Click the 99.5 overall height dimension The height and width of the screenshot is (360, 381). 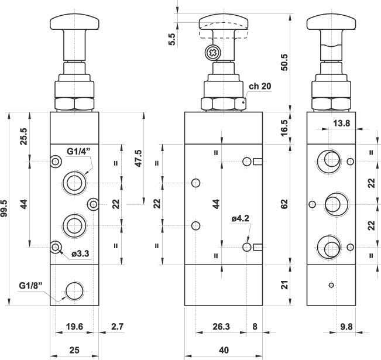tap(5, 208)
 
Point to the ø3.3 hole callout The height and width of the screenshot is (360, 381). tap(80, 254)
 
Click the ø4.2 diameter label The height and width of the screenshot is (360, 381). tap(241, 218)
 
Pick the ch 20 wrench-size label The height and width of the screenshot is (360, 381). tap(260, 86)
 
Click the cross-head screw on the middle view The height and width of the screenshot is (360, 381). tap(212, 53)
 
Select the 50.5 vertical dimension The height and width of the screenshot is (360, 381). tap(284, 63)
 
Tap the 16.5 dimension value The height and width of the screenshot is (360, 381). tap(284, 128)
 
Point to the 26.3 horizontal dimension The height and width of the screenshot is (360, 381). tap(221, 327)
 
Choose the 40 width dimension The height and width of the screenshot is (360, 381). tap(224, 350)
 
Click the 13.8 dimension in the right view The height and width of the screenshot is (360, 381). tap(341, 124)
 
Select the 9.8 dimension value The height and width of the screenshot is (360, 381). tap(346, 327)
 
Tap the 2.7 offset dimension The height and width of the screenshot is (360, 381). tap(118, 327)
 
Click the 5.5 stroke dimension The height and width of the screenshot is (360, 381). tap(171, 39)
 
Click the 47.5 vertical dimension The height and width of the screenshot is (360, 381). tap(138, 158)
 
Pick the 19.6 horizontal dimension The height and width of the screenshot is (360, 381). tap(74, 327)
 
